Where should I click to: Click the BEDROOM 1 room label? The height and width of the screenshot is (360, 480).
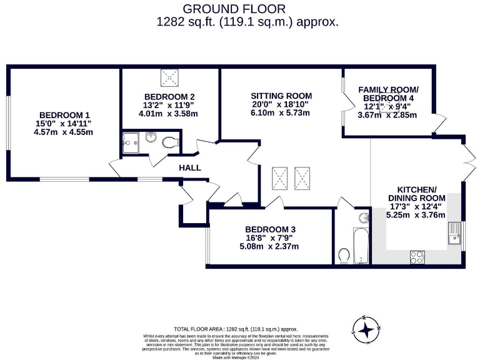pyautogui.click(x=65, y=115)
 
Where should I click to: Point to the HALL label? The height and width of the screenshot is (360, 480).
pyautogui.click(x=190, y=168)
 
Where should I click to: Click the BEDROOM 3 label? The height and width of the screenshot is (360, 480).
pyautogui.click(x=271, y=229)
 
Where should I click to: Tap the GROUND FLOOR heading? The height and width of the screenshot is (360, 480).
pyautogui.click(x=234, y=9)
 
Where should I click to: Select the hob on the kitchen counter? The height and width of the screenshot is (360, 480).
pyautogui.click(x=417, y=256)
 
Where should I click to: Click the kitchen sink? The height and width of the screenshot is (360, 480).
pyautogui.click(x=454, y=232)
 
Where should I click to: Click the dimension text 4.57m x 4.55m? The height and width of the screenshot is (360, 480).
pyautogui.click(x=65, y=132)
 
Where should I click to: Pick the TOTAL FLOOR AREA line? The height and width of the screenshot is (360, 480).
pyautogui.click(x=236, y=329)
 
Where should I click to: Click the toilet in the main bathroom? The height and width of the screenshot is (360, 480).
pyautogui.click(x=343, y=256)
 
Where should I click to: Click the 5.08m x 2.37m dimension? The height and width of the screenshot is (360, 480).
pyautogui.click(x=271, y=246)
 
